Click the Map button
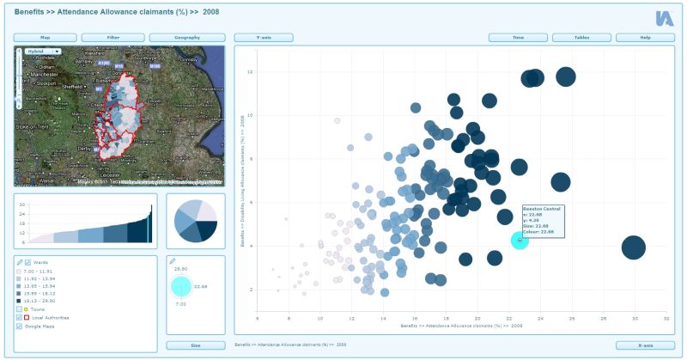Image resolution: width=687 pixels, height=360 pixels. [x=46, y=38]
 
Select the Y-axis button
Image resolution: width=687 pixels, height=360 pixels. [x=264, y=38]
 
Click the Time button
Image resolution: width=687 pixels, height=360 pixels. [x=518, y=38]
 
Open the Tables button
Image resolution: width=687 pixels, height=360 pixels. [x=581, y=38]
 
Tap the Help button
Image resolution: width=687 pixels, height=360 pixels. [x=645, y=38]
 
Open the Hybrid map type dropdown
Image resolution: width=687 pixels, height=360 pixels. [x=42, y=52]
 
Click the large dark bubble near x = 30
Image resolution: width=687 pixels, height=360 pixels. [x=633, y=247]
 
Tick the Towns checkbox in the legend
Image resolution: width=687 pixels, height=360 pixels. [x=20, y=308]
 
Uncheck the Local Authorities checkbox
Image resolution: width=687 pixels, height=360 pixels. [x=20, y=317]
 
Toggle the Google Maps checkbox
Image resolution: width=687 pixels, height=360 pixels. [x=20, y=326]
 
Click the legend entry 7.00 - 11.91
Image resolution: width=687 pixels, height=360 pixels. [x=48, y=271]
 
